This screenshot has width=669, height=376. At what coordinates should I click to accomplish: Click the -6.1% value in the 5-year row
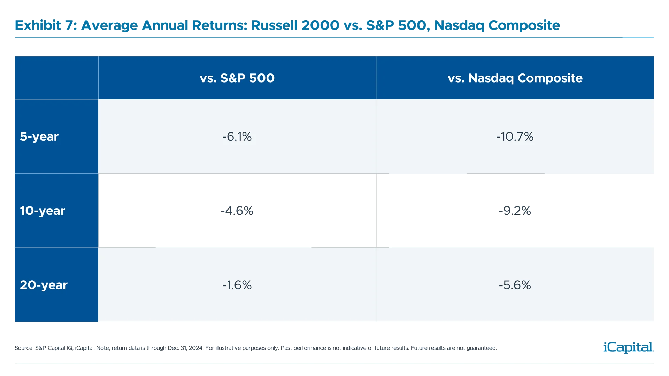point(237,136)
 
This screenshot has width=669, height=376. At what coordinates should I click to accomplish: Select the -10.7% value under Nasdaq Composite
point(515,136)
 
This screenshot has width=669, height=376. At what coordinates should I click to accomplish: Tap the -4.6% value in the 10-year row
point(237,211)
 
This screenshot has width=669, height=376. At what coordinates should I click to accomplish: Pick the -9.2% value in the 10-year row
point(515,211)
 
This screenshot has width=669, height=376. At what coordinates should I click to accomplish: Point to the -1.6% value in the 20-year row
point(237,285)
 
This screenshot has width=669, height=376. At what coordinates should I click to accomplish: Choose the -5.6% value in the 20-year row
point(515,285)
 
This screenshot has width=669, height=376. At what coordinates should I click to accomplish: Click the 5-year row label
point(39,136)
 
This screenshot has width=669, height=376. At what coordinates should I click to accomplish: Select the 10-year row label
point(42,211)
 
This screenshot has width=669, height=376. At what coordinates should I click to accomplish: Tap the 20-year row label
point(44,285)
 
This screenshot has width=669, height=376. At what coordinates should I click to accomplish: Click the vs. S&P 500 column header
point(237,78)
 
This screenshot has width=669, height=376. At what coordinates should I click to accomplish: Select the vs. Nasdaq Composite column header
point(515,78)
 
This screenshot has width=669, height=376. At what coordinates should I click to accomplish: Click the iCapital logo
point(627,347)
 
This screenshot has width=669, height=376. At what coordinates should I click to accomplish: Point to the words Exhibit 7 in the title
point(46,25)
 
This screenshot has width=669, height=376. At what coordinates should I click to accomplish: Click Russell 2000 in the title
point(295,25)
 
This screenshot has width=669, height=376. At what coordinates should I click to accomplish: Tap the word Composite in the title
point(524,25)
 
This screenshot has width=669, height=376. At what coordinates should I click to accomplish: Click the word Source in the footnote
point(24,348)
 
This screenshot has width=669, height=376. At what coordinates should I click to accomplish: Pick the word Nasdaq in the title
point(460,25)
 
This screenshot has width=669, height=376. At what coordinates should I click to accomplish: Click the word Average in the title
point(109,25)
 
